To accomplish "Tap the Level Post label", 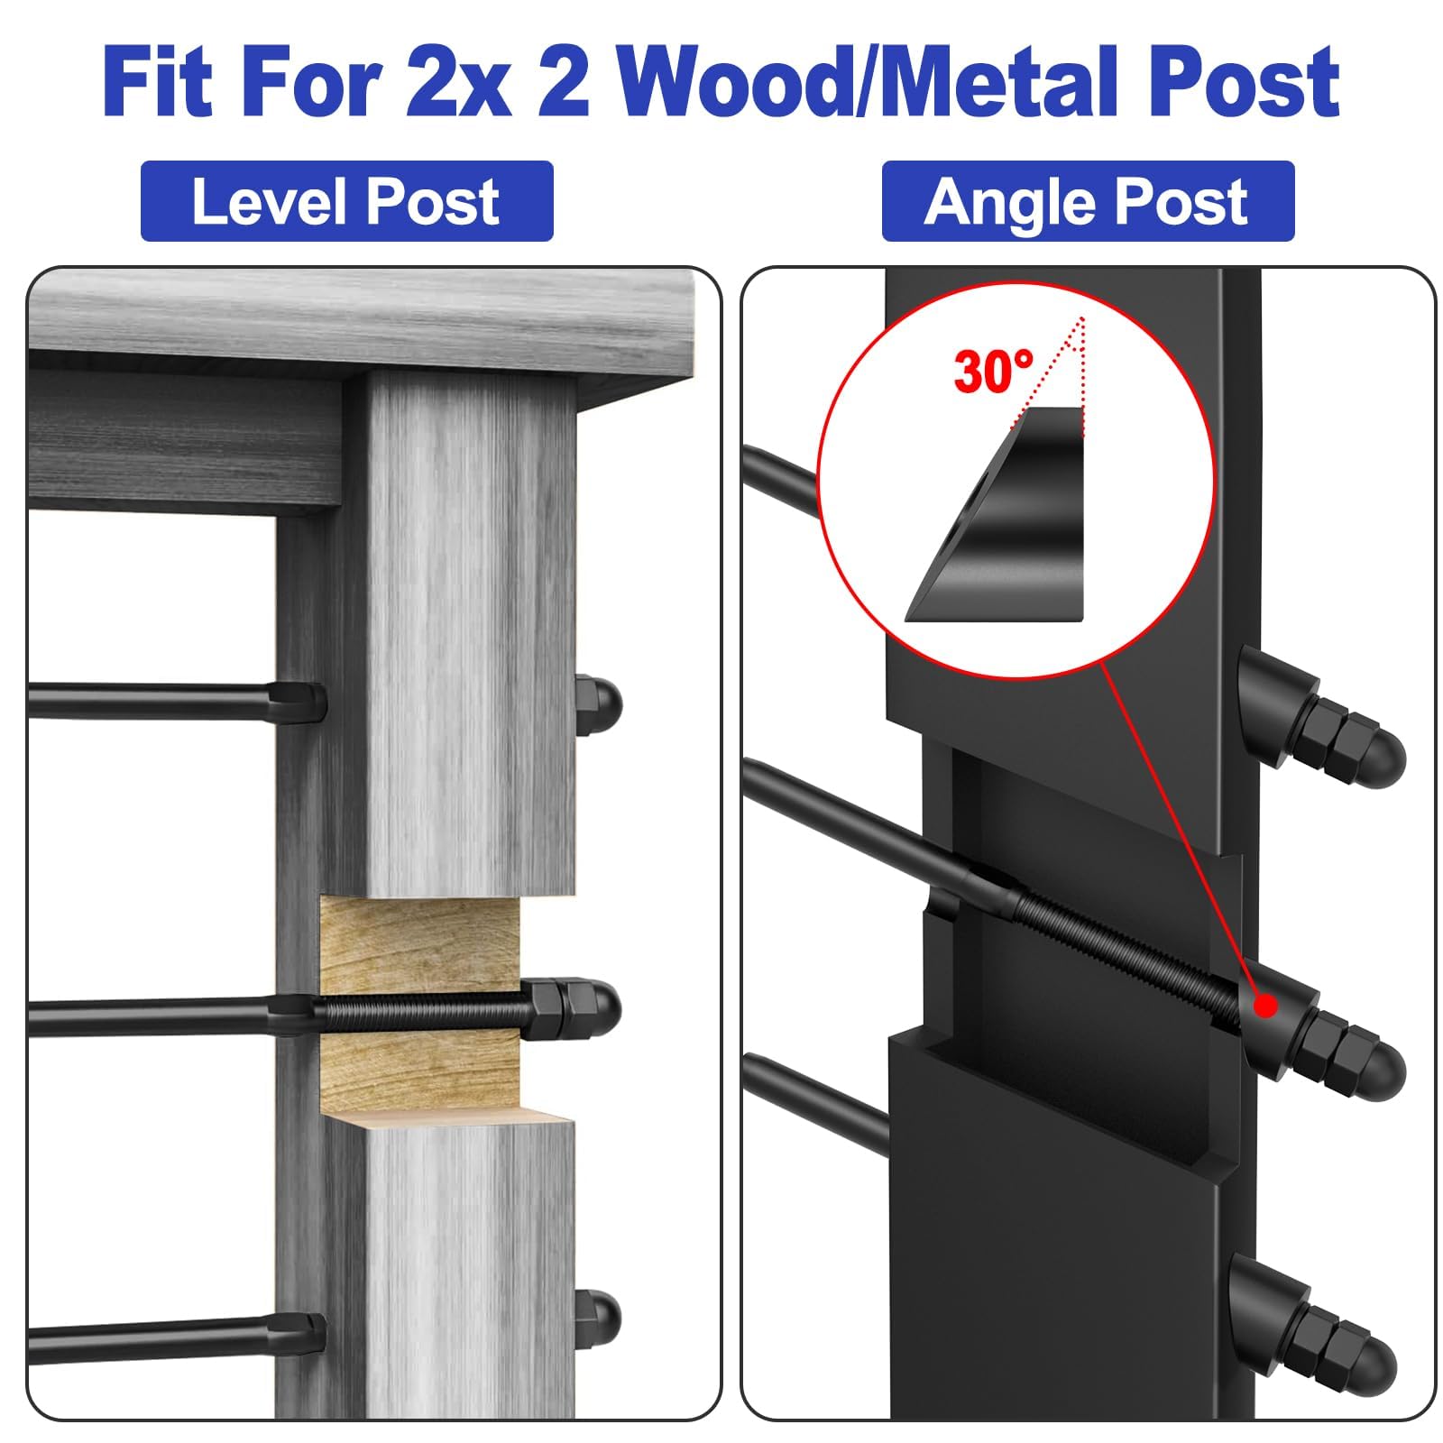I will (x=346, y=201).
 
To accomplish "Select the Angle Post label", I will (x=1088, y=201).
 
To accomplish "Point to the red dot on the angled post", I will (x=1266, y=1006).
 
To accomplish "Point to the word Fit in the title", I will (x=159, y=83).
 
